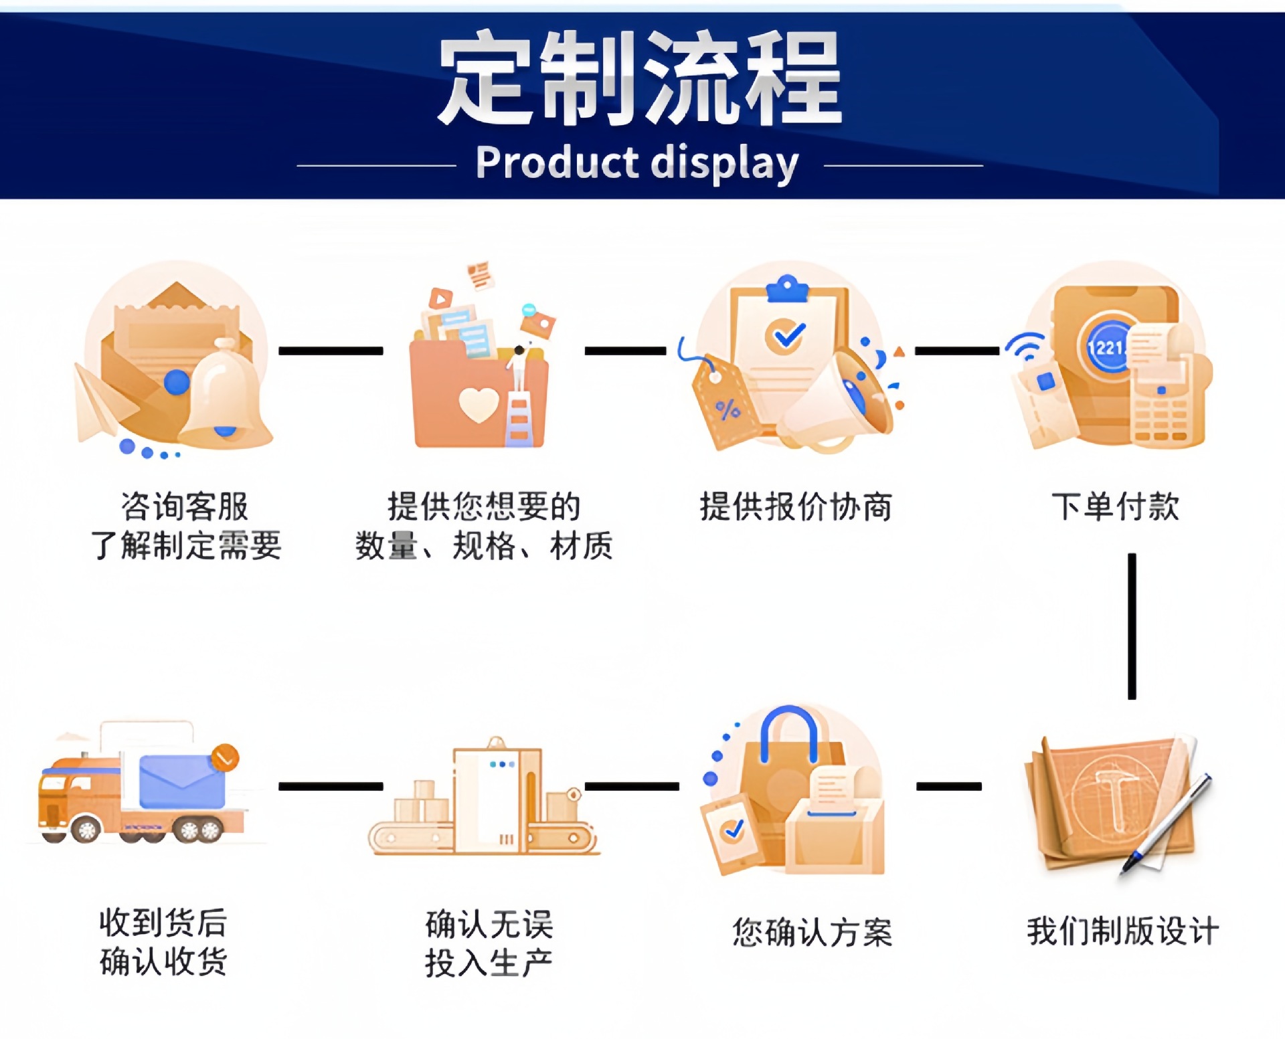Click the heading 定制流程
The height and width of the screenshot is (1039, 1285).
pos(639,78)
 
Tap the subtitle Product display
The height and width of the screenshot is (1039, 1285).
pos(637,163)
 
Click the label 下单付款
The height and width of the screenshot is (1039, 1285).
pos(1115,506)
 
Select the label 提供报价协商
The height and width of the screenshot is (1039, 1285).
pos(796,506)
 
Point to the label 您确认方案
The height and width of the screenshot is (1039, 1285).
pos(812,932)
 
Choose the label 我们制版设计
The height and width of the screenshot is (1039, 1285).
pos(1122,931)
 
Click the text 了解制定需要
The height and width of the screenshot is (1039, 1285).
pos(186,545)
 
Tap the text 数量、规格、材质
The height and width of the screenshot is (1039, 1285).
pos(484,545)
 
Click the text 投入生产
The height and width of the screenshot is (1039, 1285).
pos(489,963)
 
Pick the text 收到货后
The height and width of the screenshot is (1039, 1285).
pos(163,923)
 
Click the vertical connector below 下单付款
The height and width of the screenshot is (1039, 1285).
pos(1131,626)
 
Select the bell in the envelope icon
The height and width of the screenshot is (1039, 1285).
pos(225,395)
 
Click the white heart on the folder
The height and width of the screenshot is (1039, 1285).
pos(479,405)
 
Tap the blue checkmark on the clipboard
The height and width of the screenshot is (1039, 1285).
pos(787,334)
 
